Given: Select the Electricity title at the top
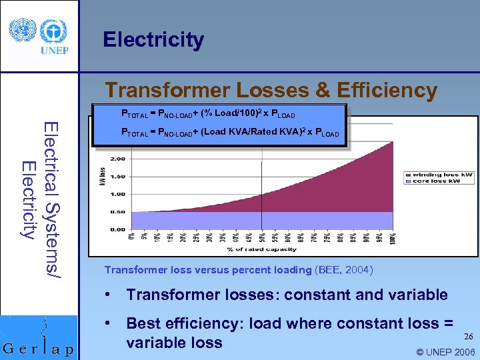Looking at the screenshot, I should tap(153, 39).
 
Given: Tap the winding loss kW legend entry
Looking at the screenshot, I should tap(442, 175).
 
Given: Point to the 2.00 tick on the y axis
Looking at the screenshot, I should tap(116, 159).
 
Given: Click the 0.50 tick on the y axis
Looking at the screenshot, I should tap(116, 212).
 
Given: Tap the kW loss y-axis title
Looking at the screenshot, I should tap(103, 177).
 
